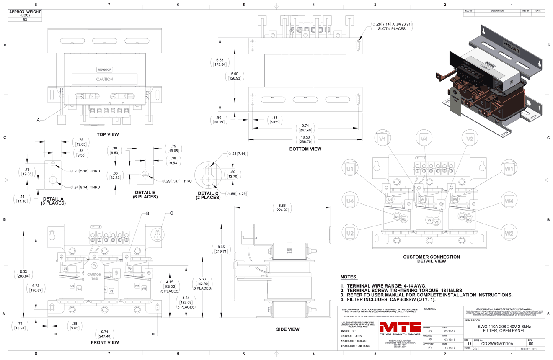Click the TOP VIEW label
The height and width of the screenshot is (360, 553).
108,134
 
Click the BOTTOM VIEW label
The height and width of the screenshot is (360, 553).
305,149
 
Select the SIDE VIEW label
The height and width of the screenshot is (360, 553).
288,329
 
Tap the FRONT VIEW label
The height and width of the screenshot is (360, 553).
105,342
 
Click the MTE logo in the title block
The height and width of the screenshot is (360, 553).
400,329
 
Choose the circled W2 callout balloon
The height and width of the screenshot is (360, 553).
509,233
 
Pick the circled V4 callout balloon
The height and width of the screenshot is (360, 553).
424,139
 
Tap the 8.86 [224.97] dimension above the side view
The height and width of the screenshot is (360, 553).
281,208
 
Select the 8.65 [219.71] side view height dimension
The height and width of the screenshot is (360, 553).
220,249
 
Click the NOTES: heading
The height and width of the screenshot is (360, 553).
349,277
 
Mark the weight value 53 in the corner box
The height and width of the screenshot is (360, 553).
25,20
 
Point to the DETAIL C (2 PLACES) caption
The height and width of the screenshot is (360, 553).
208,195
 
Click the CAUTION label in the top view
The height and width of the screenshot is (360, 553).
105,79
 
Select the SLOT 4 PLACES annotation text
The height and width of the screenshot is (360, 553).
391,29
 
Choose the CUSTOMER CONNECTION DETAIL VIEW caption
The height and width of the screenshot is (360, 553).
431,259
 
